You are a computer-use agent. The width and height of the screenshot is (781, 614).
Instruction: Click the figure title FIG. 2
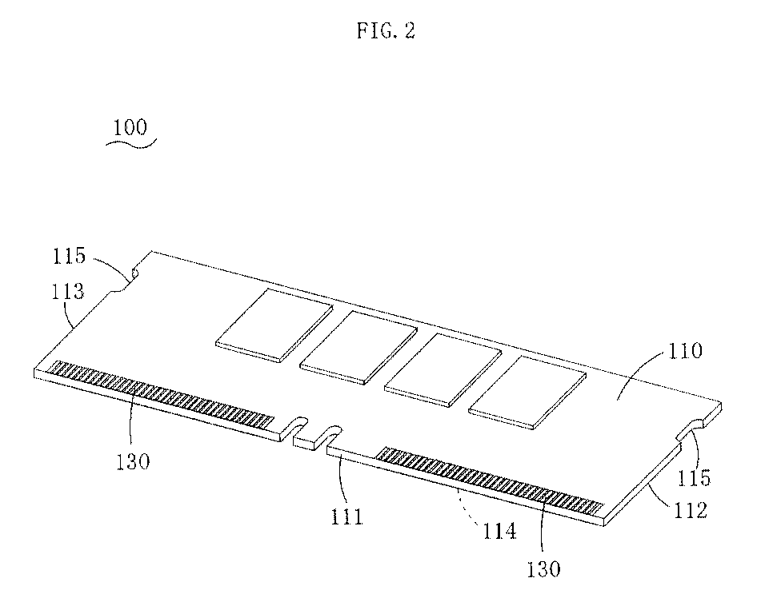(386, 31)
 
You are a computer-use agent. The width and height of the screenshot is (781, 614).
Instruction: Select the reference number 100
(130, 127)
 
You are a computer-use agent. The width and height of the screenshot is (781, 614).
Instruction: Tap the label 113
(68, 291)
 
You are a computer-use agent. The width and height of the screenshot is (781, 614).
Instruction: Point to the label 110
(685, 351)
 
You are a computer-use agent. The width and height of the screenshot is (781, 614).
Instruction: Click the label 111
(347, 516)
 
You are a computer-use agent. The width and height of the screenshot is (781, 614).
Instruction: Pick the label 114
(499, 532)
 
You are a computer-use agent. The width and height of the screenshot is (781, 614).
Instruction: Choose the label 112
(691, 510)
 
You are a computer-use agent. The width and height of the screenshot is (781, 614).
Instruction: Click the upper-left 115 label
(70, 256)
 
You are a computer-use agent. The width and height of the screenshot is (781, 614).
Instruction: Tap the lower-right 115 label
(693, 477)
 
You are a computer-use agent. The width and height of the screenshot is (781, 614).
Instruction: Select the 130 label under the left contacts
(133, 462)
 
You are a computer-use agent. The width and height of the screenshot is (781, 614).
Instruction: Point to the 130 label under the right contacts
(544, 568)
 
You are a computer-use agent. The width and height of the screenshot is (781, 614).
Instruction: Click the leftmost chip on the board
(274, 325)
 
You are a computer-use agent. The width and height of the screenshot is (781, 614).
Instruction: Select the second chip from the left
(358, 347)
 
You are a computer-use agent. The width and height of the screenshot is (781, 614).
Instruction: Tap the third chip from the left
(443, 369)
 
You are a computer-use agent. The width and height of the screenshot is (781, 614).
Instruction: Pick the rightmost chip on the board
(527, 392)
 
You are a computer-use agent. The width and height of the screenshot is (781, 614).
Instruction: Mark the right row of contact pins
(489, 481)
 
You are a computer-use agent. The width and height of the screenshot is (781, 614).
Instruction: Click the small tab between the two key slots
(310, 441)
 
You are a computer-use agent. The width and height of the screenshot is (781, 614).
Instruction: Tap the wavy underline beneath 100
(131, 144)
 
